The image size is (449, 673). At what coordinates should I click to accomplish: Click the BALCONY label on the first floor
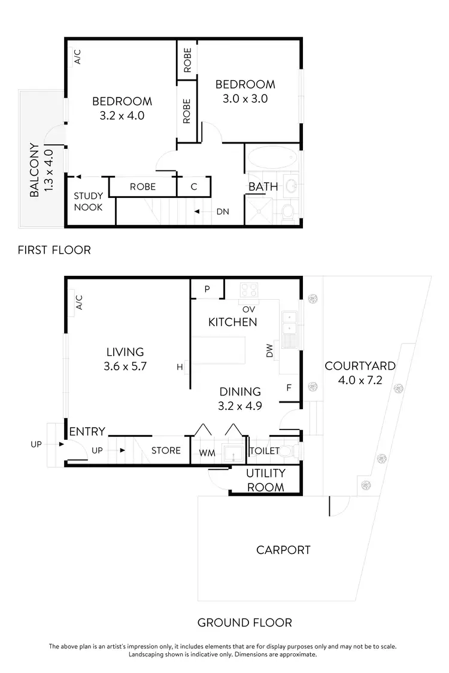tap(34, 170)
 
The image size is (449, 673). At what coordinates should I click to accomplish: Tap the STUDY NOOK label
tap(88, 202)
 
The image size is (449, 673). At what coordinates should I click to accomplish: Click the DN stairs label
tap(222, 212)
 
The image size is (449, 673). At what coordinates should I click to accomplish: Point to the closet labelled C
tap(194, 187)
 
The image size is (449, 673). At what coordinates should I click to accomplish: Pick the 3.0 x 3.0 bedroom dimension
tap(245, 99)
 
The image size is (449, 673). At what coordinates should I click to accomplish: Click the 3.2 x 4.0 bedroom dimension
tap(122, 115)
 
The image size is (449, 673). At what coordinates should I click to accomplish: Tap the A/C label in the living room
tap(78, 303)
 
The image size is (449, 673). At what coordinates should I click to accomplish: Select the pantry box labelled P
tap(207, 289)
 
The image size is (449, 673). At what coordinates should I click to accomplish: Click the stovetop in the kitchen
tap(248, 290)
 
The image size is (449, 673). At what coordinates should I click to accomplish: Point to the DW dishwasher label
tap(269, 354)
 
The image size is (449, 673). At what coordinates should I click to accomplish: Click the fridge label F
tap(289, 388)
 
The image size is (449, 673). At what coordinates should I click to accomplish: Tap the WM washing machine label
tap(207, 453)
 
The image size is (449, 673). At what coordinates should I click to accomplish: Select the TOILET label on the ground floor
tap(264, 450)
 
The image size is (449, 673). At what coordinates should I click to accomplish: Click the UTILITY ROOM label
tap(266, 480)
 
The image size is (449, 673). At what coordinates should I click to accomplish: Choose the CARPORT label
tap(283, 550)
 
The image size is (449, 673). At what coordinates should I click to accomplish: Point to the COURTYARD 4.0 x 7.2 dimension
tap(359, 380)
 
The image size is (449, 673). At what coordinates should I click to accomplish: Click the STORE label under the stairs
tap(166, 450)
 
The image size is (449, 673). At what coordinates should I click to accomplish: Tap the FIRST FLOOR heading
tap(54, 250)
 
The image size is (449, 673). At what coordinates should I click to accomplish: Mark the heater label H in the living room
tap(180, 367)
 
